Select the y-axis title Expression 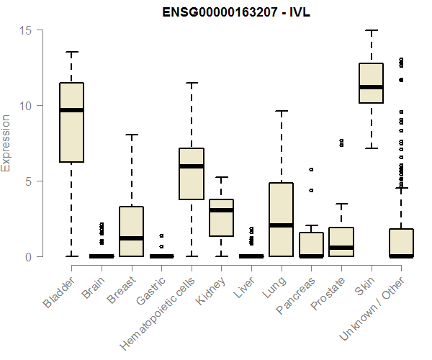point(7,143)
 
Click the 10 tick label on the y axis point(25,106)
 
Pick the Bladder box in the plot point(71,122)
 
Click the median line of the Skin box point(371,87)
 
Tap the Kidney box point(221,217)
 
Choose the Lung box point(281,220)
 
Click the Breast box point(131,231)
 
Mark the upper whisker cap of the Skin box point(371,31)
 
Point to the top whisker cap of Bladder point(71,52)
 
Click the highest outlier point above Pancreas point(311,169)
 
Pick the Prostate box point(341,242)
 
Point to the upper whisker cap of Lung point(281,111)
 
